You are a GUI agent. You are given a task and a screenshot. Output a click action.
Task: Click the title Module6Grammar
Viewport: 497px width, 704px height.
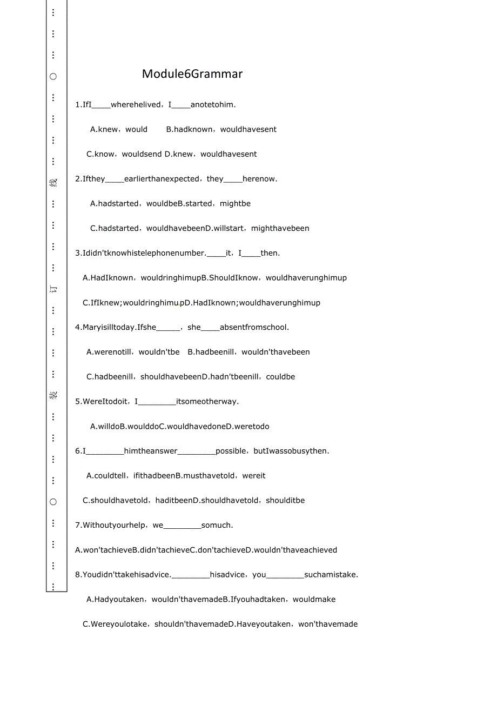point(192,74)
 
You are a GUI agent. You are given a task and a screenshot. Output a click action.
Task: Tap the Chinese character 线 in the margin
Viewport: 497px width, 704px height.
point(53,183)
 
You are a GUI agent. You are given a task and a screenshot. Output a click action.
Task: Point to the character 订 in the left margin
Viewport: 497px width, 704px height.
point(53,289)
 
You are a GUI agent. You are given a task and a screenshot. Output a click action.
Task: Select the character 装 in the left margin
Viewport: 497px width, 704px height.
point(53,395)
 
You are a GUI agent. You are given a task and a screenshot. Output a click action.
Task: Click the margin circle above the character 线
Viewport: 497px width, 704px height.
point(53,76)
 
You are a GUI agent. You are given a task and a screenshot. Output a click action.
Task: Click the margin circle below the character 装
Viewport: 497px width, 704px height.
point(53,502)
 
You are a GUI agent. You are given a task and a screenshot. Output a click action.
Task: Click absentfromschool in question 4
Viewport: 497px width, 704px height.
point(254,327)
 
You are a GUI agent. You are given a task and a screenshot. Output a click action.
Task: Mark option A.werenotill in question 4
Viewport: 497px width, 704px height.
point(109,352)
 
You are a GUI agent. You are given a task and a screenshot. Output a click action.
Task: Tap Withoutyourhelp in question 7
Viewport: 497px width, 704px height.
point(112,525)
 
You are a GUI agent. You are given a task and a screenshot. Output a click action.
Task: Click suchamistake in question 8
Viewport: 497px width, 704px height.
point(331,575)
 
